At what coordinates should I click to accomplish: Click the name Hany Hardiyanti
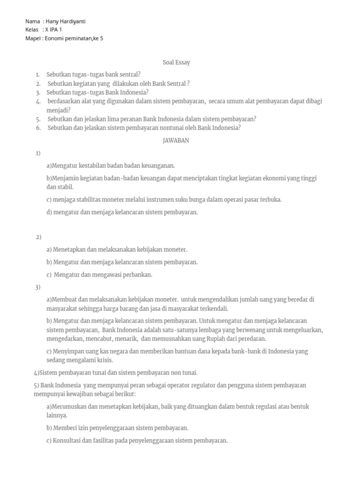coord(66,21)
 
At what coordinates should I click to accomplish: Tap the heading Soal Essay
coord(176,62)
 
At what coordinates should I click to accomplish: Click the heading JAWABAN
coord(176,141)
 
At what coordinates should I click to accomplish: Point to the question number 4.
coord(38,101)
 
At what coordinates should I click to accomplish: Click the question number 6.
coord(38,127)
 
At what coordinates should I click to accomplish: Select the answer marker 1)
coord(38,153)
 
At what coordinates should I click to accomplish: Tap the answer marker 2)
coord(39,237)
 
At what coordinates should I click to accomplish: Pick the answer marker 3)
coord(38,287)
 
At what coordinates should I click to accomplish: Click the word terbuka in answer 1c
coord(271,199)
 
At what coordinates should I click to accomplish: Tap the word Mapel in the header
coord(33,38)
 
